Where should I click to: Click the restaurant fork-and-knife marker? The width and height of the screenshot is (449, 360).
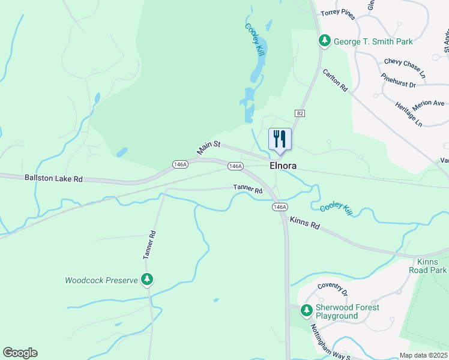tap(280, 139)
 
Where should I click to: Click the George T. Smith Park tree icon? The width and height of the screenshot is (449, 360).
tap(325, 41)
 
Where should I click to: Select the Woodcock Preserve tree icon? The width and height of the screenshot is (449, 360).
tap(146, 280)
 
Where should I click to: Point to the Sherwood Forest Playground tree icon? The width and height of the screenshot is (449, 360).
tap(307, 311)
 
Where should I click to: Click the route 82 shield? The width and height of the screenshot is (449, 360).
tap(300, 113)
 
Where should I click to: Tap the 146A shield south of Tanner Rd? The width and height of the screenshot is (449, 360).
tap(279, 207)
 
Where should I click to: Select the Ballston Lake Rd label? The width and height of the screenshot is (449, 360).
tap(53, 179)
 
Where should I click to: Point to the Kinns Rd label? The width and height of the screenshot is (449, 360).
tap(304, 223)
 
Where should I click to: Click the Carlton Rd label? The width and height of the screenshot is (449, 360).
tap(335, 80)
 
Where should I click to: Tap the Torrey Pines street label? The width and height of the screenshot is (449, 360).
tap(338, 13)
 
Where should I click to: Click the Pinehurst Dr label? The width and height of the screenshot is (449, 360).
tap(398, 81)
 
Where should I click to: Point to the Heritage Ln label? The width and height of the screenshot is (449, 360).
tap(409, 114)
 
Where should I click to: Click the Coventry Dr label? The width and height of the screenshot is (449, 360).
tap(333, 290)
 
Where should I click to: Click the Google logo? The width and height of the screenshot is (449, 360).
tap(20, 353)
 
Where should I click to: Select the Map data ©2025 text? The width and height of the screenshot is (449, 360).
tap(423, 355)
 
